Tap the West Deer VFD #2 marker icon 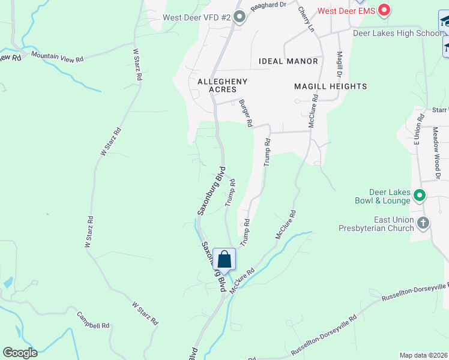[x=240, y=17]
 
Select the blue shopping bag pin [x=224, y=260]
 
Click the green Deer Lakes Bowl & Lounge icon [x=420, y=196]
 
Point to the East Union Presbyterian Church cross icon [x=423, y=224]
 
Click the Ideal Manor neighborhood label [x=288, y=61]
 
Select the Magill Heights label [x=330, y=86]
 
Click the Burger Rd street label [x=246, y=113]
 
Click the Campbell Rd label [x=93, y=320]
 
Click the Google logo [x=20, y=353]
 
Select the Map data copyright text [x=423, y=355]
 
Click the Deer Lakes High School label [x=397, y=34]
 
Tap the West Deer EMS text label [x=346, y=11]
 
